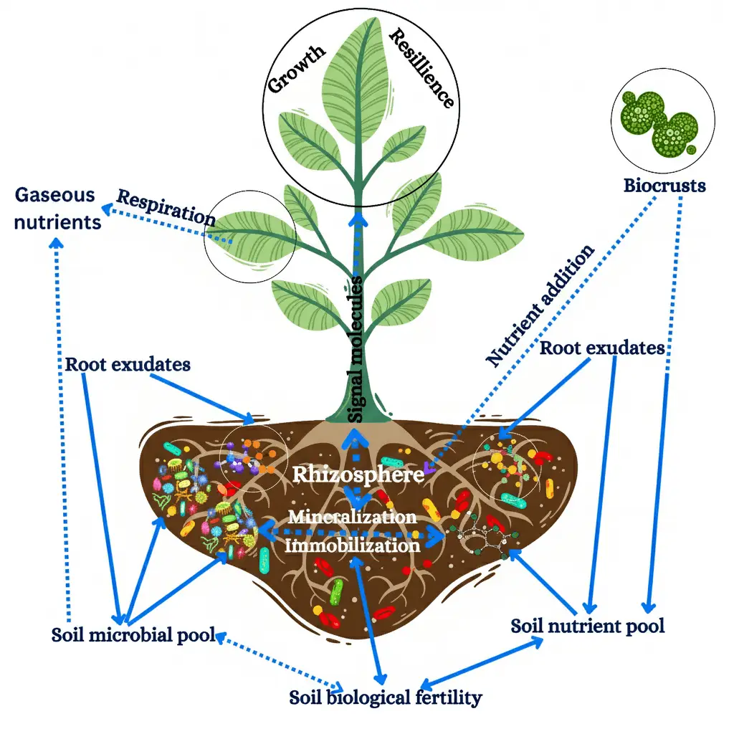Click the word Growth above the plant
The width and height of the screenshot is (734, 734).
(x=297, y=70)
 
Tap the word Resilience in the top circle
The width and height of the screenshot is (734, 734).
(x=421, y=68)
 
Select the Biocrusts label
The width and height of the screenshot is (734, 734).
(x=664, y=186)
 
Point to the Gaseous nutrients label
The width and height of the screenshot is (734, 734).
(x=57, y=208)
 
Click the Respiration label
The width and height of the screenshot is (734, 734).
(x=166, y=207)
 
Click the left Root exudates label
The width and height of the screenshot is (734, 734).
(x=128, y=364)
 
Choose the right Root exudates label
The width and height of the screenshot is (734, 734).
(x=602, y=348)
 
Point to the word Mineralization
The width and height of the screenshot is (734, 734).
(x=352, y=516)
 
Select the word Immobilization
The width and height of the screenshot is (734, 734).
(x=352, y=545)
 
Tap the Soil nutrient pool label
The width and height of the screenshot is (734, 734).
(x=588, y=626)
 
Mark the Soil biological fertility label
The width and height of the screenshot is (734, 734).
(x=386, y=697)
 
